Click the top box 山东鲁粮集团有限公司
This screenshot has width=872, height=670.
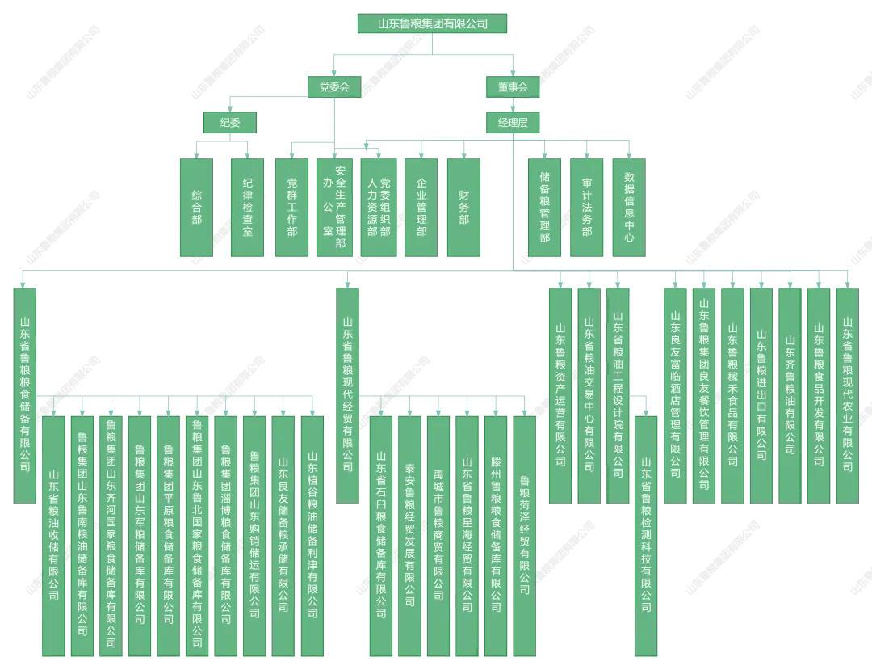[432, 23]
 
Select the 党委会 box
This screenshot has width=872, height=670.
[334, 86]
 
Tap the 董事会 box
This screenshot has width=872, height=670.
[513, 86]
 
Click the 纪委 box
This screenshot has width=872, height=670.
[230, 122]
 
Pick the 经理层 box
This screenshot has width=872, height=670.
[513, 122]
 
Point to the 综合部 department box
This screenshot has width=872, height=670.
[196, 207]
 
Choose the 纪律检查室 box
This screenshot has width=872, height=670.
[247, 207]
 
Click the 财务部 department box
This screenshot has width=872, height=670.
[463, 207]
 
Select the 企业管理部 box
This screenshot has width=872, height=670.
[421, 207]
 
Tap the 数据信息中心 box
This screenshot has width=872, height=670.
[629, 207]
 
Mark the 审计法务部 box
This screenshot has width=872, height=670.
[587, 207]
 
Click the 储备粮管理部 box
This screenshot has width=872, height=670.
[545, 207]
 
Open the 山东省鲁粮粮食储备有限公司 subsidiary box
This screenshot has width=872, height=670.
[25, 395]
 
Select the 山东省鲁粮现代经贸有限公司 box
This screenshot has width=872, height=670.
[347, 395]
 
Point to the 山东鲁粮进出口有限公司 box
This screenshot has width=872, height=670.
[761, 395]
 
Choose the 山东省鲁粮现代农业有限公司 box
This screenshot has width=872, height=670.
[847, 395]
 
